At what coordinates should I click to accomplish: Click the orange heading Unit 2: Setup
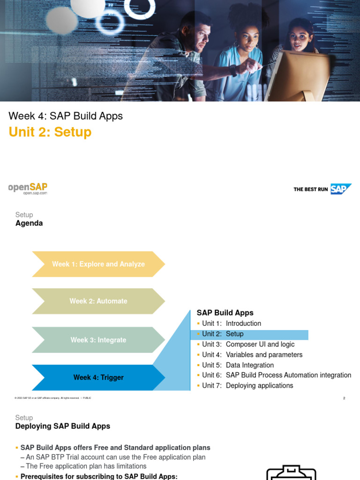[50, 132]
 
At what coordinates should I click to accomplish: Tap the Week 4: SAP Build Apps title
[66, 116]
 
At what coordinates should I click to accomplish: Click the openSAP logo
[28, 188]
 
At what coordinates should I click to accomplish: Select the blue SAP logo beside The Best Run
[340, 189]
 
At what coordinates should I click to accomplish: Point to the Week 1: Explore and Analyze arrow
[98, 264]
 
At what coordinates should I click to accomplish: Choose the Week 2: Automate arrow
[98, 301]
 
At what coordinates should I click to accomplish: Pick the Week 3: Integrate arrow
[98, 340]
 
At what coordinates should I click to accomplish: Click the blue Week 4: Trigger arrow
[98, 377]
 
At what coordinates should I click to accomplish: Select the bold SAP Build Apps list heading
[225, 313]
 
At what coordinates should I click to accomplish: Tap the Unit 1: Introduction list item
[232, 323]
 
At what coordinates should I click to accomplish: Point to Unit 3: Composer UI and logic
[248, 345]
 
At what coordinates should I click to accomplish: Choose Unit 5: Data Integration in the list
[238, 365]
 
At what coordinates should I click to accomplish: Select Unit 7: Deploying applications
[247, 386]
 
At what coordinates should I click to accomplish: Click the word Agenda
[29, 224]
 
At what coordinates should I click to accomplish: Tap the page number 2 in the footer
[344, 398]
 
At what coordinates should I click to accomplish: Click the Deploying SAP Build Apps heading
[63, 426]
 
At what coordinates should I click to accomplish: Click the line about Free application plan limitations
[86, 466]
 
